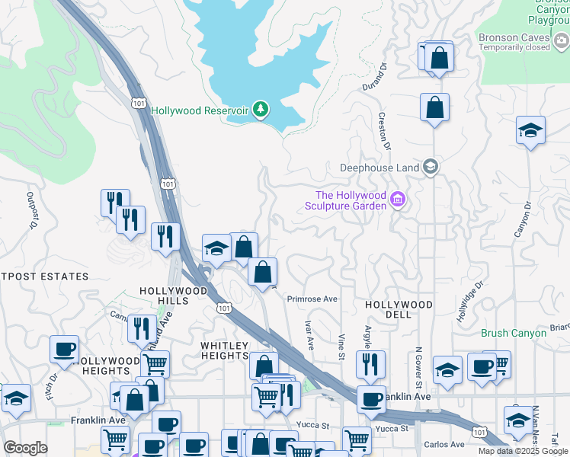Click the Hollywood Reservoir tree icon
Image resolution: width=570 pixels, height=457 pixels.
[261, 110]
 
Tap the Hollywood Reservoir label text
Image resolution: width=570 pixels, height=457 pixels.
[200, 110]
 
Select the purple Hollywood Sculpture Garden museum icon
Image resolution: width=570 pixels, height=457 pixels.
[396, 200]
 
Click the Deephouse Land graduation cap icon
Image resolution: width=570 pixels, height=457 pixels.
[431, 167]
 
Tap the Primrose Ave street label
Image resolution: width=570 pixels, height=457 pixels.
[312, 299]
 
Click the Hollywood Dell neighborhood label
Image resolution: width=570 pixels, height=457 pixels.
[399, 305]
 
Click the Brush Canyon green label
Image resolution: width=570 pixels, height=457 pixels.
[514, 333]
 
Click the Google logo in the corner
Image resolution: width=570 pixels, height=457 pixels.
[26, 448]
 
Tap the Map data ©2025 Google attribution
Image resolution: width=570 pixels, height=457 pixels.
[524, 451]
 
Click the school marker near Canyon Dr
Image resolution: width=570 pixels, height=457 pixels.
[530, 131]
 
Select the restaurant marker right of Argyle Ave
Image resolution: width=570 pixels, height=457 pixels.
[370, 366]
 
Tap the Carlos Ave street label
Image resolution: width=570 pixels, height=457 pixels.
[444, 444]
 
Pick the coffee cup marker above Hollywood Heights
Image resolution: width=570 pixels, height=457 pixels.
[64, 350]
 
